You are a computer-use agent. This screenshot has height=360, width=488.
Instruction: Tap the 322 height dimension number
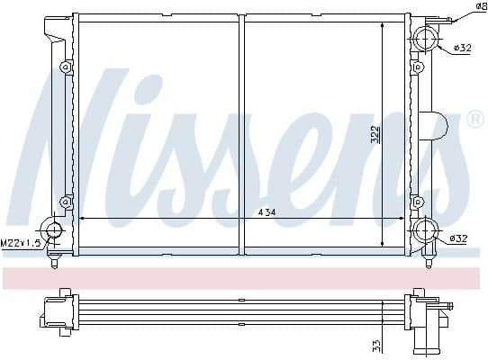pyautogui.click(x=375, y=134)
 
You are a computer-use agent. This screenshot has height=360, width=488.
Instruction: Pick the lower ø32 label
pyautogui.click(x=459, y=238)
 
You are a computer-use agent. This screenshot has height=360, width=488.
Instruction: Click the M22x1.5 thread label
pyautogui.click(x=20, y=243)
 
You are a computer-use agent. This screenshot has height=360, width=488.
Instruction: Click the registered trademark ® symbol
pyautogui.click(x=474, y=120)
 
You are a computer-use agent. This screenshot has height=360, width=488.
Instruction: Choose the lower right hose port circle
pyautogui.click(x=424, y=231)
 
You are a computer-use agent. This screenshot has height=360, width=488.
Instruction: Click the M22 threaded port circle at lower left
pyautogui.click(x=53, y=230)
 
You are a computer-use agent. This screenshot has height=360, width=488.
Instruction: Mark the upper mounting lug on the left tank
pyautogui.click(x=65, y=67)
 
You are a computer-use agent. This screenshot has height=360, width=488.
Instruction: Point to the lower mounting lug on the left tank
pyautogui.click(x=65, y=201)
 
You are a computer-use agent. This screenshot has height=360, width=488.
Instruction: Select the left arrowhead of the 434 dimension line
pyautogui.click(x=84, y=219)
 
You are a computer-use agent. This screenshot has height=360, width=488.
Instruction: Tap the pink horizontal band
pyautogui.click(x=243, y=277)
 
